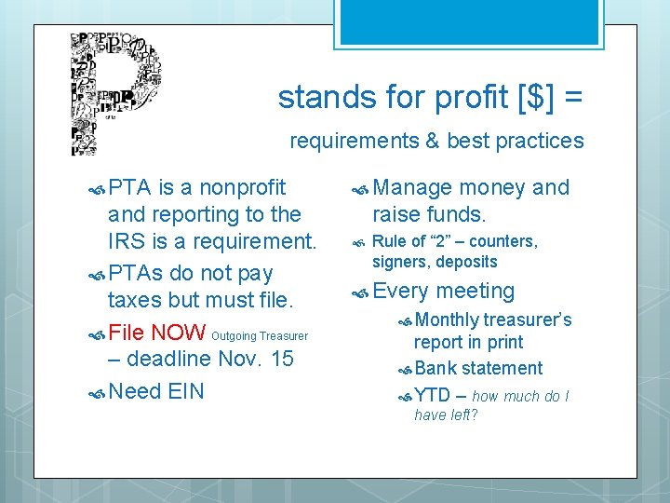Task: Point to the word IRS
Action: pyautogui.click(x=126, y=240)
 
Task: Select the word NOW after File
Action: pyautogui.click(x=179, y=332)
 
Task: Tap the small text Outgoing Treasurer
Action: pyautogui.click(x=260, y=335)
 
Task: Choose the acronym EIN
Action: pyautogui.click(x=185, y=390)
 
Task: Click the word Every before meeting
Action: pyautogui.click(x=401, y=291)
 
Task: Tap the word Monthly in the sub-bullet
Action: pyautogui.click(x=446, y=319)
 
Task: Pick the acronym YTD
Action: pyautogui.click(x=432, y=395)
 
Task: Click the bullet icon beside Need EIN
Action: pyautogui.click(x=96, y=392)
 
